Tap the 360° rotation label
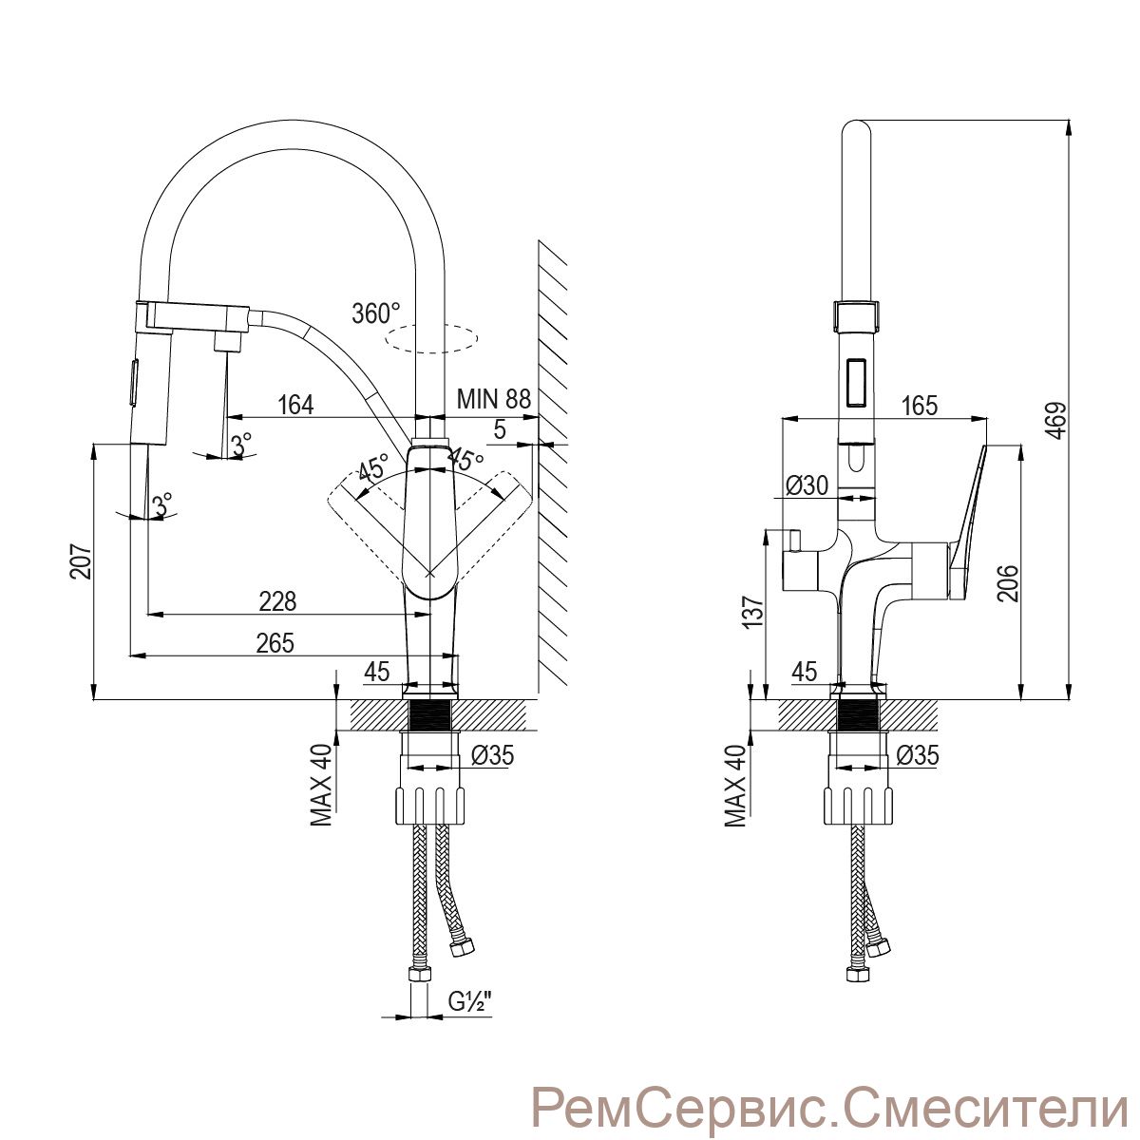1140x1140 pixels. [375, 313]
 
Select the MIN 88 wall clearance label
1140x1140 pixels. [493, 399]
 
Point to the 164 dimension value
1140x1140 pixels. [295, 406]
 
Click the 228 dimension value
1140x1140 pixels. [277, 601]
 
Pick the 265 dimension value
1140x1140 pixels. [275, 643]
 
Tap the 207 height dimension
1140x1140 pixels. [82, 561]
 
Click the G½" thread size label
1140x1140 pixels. [470, 1001]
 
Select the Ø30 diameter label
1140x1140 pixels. [807, 485]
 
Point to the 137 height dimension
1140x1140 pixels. [752, 613]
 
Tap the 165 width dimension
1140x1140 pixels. [919, 406]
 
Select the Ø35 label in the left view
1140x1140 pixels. [492, 756]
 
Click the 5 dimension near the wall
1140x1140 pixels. [500, 429]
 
